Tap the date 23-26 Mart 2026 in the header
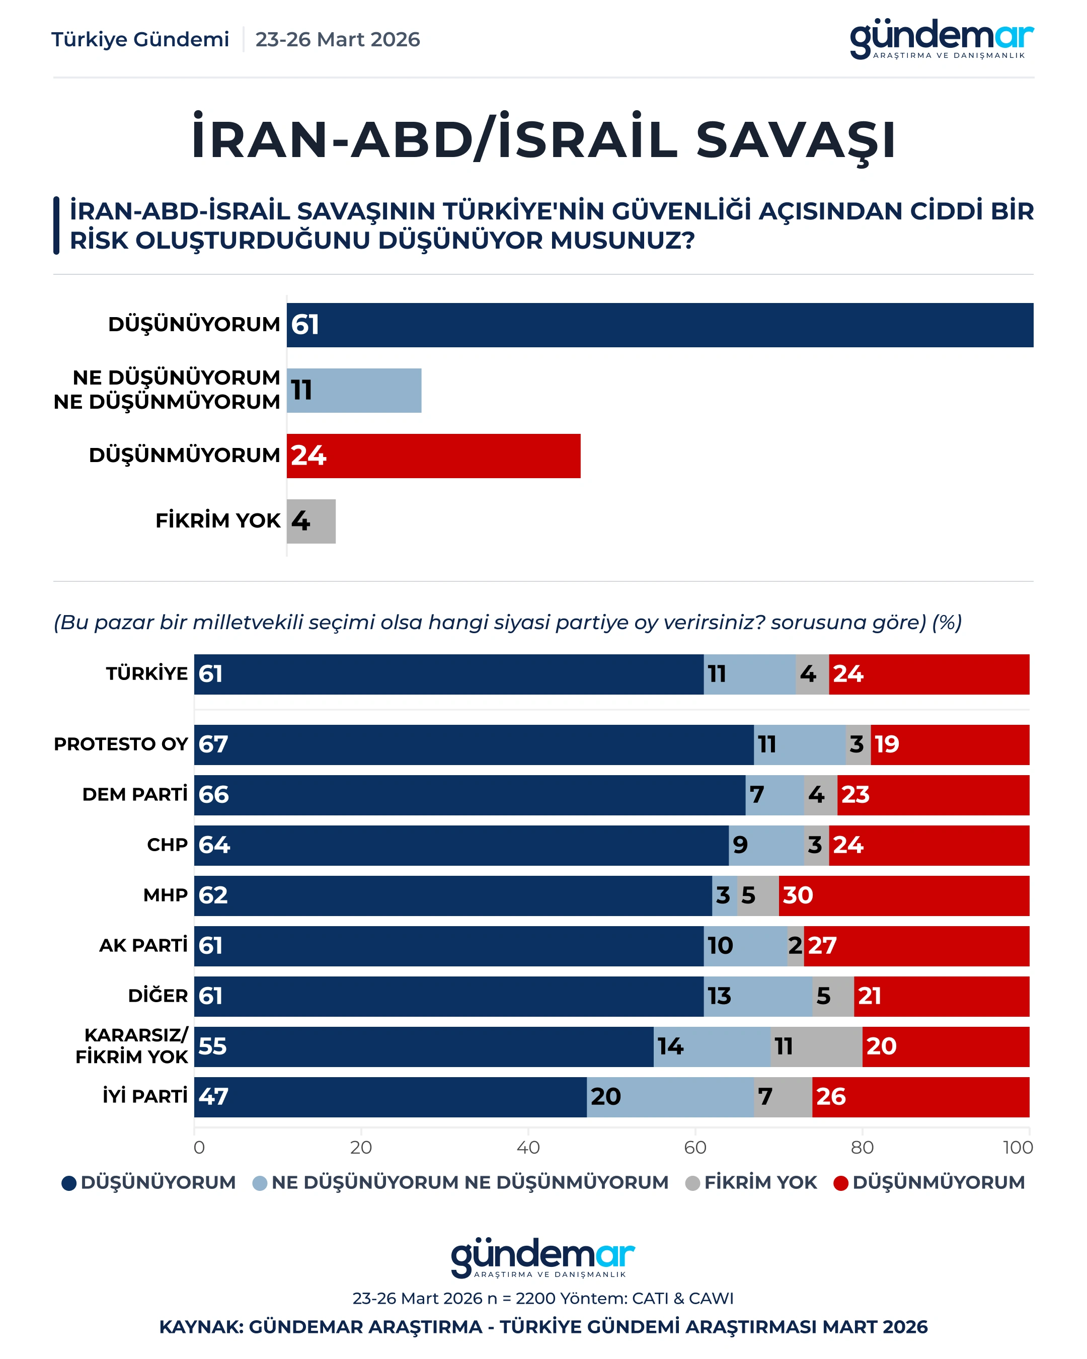click(x=337, y=40)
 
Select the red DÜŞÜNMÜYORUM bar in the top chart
click(x=433, y=456)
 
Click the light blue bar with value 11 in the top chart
click(x=354, y=391)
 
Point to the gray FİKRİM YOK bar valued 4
click(x=312, y=521)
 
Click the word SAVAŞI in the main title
click(x=795, y=140)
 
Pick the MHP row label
click(x=165, y=895)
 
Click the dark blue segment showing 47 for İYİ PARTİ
click(x=390, y=1097)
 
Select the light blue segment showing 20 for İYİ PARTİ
click(x=670, y=1097)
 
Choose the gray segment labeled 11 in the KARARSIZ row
click(x=816, y=1046)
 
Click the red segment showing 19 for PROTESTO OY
click(x=950, y=744)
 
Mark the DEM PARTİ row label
click(x=135, y=795)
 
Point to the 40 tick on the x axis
click(x=528, y=1147)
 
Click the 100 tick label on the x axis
click(x=1018, y=1147)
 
